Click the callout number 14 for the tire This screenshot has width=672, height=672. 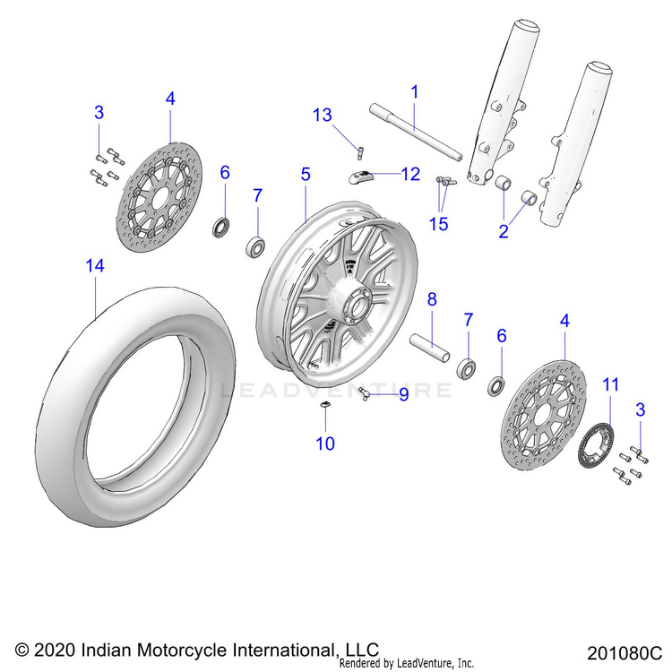pos(95,265)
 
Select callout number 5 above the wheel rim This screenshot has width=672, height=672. pos(306,173)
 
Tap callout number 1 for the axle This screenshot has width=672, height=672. pos(415,91)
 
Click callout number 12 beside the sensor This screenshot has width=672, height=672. pos(409,174)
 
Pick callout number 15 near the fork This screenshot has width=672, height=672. pos(438,223)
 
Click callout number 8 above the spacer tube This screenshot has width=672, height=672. pos(431,299)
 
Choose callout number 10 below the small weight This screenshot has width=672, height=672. pos(323,443)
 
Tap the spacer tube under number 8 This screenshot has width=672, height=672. pos(428,347)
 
